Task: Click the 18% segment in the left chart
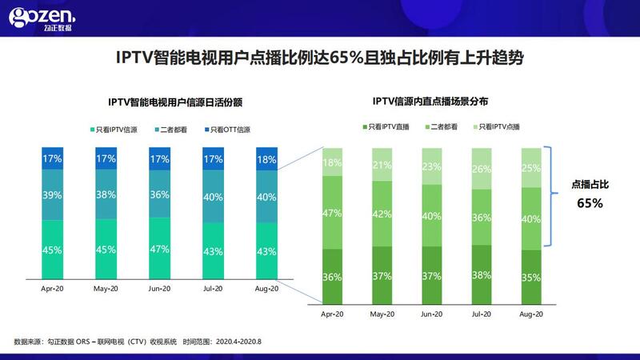pos(266,158)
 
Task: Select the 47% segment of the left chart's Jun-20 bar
pos(159,249)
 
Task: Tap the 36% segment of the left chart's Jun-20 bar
pos(159,194)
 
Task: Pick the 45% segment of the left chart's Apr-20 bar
pos(52,250)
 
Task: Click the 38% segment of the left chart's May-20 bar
pos(106,194)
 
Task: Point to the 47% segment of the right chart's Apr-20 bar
pos(332,213)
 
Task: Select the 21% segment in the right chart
pos(382,165)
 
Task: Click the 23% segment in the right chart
pos(431,166)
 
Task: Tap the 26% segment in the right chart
pos(482,169)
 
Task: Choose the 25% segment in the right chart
pos(531,168)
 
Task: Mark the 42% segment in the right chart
pos(382,214)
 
